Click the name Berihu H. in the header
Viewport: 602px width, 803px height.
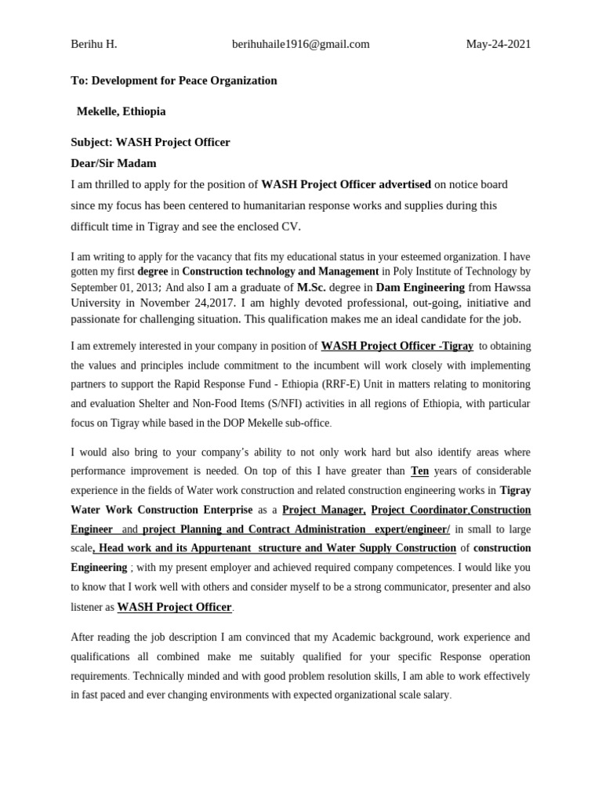pos(93,44)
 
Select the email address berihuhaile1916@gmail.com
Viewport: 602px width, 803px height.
pos(300,44)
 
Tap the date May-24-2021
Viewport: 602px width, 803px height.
pos(498,44)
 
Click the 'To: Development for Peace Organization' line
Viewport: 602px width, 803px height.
pos(173,81)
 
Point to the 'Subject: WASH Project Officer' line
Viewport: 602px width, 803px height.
pos(150,142)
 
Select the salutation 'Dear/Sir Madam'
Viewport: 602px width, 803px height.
pos(114,163)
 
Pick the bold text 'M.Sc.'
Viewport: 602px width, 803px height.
pos(311,287)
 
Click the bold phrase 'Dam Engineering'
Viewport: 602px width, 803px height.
pos(420,287)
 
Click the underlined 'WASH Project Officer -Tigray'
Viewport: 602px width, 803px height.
pos(397,345)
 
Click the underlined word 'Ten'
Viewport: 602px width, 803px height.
pos(419,471)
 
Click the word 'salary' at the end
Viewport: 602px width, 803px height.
pos(433,695)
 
